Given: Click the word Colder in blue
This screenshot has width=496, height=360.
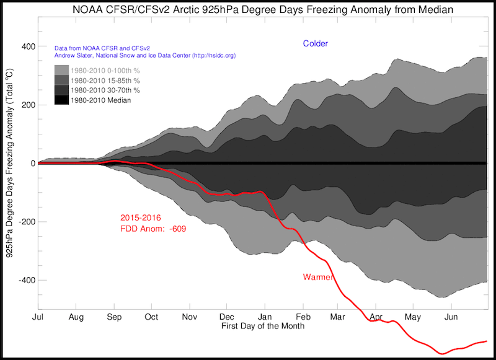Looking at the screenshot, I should click(x=315, y=43).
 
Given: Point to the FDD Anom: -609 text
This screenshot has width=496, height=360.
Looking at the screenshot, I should click(x=153, y=229).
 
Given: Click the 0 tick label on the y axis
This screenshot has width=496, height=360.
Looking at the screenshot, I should click(x=31, y=164).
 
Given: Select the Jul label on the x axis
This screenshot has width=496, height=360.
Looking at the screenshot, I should click(x=38, y=316).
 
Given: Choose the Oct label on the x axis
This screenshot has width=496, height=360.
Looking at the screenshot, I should click(x=151, y=316).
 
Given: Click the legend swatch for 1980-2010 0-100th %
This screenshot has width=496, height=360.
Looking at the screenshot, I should click(x=61, y=69).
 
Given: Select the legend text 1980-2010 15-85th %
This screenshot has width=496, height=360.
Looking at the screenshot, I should click(x=105, y=80).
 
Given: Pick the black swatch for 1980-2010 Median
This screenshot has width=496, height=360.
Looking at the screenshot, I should click(x=61, y=100).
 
